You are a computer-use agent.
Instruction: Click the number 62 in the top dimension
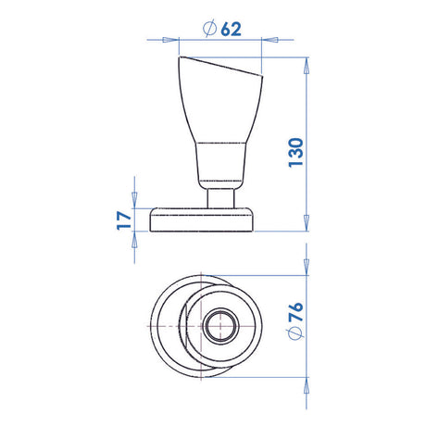pos(232,29)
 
